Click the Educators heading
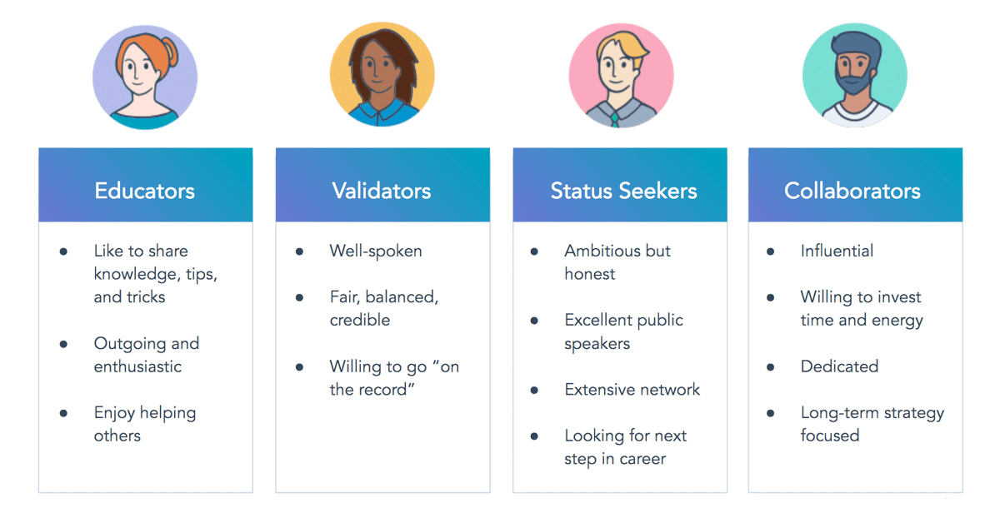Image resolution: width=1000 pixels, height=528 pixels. point(145,191)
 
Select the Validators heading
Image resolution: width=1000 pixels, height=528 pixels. point(382,191)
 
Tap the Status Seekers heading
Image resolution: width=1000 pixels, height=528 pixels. point(623,191)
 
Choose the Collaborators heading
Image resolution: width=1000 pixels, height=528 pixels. point(852,191)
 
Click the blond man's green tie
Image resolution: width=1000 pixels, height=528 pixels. point(615,120)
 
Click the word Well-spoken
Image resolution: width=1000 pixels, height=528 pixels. point(376,252)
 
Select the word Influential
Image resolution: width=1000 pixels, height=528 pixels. point(837,251)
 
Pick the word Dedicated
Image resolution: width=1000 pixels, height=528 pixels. point(839,366)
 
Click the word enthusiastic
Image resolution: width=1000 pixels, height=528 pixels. point(137,366)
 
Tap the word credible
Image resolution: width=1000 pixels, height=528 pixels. point(360,320)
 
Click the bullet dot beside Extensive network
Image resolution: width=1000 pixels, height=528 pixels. point(534,390)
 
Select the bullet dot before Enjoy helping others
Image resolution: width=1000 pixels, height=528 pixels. point(63,413)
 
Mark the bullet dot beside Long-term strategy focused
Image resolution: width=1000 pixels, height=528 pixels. point(770,413)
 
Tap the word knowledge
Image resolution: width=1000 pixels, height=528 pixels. point(137,275)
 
